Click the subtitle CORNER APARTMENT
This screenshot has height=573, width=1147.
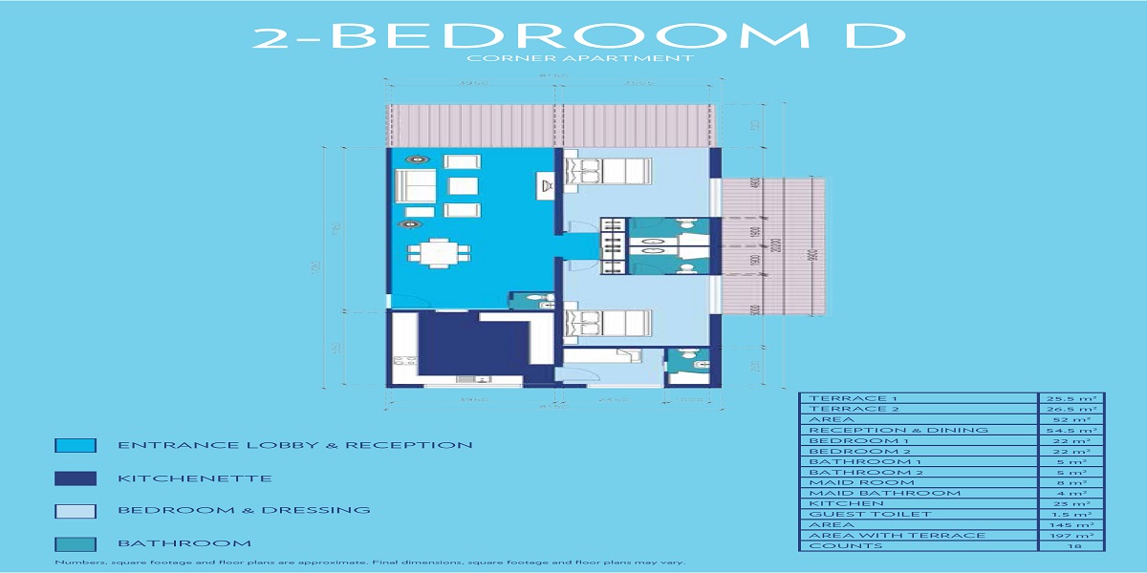click(x=579, y=59)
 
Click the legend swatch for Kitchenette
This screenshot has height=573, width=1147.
click(x=76, y=478)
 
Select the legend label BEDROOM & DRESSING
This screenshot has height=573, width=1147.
click(x=244, y=510)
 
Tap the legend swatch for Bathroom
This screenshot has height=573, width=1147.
click(x=76, y=543)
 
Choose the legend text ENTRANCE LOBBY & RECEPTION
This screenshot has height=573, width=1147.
click(x=294, y=445)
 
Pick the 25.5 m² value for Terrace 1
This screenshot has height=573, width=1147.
click(x=1071, y=398)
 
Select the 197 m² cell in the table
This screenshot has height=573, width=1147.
click(x=1071, y=535)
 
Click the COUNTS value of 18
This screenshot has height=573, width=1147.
click(x=1071, y=545)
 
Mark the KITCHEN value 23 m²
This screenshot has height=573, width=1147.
click(x=1071, y=503)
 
